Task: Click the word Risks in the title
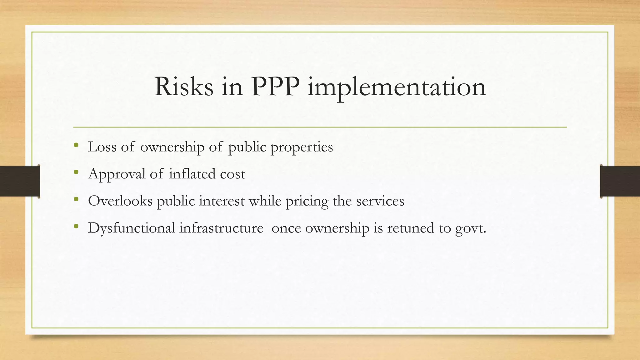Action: (184, 87)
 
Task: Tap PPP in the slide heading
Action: (275, 87)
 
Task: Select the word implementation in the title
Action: (397, 87)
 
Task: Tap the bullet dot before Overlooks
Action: (76, 199)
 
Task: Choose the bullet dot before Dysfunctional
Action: (76, 226)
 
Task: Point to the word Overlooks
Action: (120, 201)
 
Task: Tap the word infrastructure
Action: (221, 228)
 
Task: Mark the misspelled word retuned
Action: (410, 228)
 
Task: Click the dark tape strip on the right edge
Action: (620, 181)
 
